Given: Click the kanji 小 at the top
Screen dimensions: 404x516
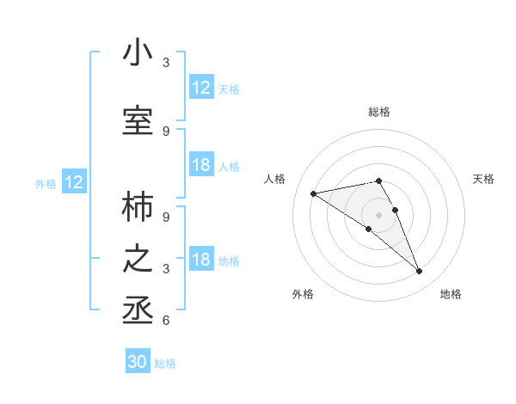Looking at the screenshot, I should (x=138, y=53).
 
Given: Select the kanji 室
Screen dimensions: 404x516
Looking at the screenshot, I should (x=138, y=121).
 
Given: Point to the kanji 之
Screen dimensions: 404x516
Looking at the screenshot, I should (x=138, y=259).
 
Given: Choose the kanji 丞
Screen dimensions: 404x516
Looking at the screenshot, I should (x=138, y=310).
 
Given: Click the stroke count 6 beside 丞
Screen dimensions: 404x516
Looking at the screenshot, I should (x=166, y=321).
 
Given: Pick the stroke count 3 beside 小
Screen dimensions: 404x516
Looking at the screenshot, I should (x=166, y=63).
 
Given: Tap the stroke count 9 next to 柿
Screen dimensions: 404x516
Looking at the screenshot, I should (x=166, y=217).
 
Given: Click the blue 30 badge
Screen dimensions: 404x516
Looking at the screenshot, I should (x=138, y=362).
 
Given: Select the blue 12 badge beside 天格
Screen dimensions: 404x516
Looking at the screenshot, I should (x=201, y=88).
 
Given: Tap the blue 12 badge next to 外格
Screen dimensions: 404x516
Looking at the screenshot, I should (x=74, y=182).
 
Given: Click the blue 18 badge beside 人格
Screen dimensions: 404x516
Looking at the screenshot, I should (x=201, y=165).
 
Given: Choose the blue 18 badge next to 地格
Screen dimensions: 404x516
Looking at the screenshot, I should (x=201, y=260).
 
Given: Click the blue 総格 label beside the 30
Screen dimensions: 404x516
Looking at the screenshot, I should (x=165, y=364).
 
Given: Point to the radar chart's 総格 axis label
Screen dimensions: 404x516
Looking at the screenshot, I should (x=378, y=112).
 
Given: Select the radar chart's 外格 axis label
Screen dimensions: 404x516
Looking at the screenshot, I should (x=303, y=294).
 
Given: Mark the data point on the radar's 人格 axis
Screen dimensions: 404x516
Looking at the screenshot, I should (x=314, y=193).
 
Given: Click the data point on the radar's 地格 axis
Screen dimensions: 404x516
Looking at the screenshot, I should (x=419, y=272).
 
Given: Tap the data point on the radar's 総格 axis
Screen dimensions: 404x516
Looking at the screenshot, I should (x=378, y=181).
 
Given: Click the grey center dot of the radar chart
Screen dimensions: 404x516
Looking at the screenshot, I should (x=378, y=213).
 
